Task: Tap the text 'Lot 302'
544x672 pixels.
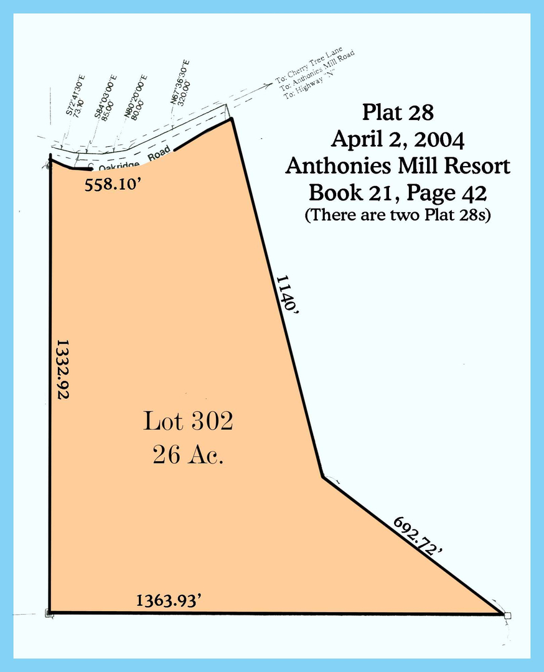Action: [x=188, y=421]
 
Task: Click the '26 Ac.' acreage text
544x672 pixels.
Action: [x=188, y=456]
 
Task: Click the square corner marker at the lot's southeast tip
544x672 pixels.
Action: [x=507, y=615]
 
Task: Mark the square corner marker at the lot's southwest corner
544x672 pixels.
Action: [x=49, y=614]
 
